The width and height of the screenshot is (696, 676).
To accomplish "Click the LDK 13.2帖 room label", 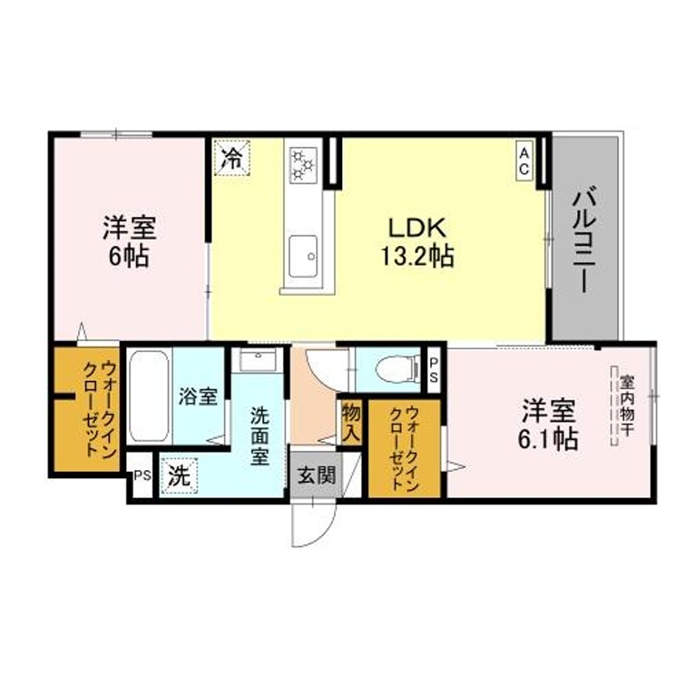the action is click(x=417, y=242).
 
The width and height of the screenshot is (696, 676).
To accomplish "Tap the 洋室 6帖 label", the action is click(x=129, y=241).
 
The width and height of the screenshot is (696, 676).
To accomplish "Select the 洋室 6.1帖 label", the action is click(x=549, y=425).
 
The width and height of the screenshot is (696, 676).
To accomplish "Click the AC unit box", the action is click(x=524, y=161).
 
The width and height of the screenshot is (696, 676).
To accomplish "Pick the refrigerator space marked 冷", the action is click(x=232, y=158).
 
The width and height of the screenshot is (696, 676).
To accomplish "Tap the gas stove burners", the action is click(x=303, y=165).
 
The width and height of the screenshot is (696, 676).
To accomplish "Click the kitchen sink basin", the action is click(x=303, y=256).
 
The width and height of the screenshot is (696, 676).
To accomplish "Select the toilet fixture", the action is click(x=397, y=368).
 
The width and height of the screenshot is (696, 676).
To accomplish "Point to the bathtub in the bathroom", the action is click(x=149, y=396).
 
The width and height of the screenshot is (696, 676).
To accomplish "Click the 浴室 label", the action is click(x=198, y=397).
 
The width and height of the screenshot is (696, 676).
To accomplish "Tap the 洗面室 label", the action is click(x=260, y=436).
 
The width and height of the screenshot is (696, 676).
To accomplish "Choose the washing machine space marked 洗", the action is click(x=180, y=475).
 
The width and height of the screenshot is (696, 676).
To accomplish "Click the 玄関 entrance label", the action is click(x=316, y=475).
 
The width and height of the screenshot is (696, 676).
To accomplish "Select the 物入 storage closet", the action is click(x=351, y=423).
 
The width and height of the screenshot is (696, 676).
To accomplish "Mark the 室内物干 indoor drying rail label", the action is click(x=626, y=406).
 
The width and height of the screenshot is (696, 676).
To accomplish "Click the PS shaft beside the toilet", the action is click(x=433, y=370).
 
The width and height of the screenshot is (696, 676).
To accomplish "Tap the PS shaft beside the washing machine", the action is click(x=143, y=475).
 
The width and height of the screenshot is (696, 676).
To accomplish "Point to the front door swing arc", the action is click(x=322, y=531).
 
